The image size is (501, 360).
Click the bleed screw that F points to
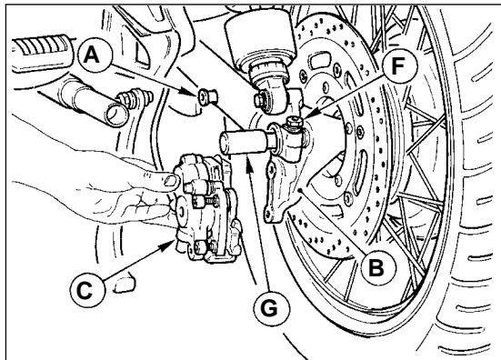click(295, 122)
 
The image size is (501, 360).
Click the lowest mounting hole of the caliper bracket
click(268, 215)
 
